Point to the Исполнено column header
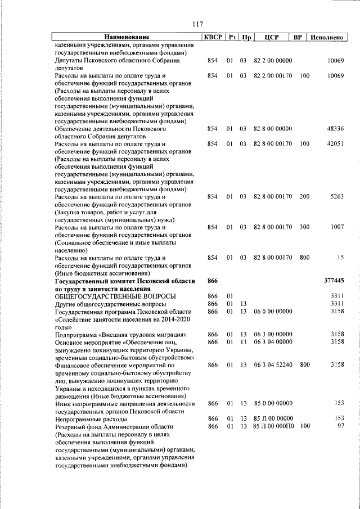(x=326, y=37)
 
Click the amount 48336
(x=335, y=128)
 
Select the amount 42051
(x=335, y=144)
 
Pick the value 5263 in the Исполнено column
(x=336, y=196)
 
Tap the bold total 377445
(x=334, y=280)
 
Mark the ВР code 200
(x=304, y=196)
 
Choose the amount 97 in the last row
(x=339, y=426)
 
